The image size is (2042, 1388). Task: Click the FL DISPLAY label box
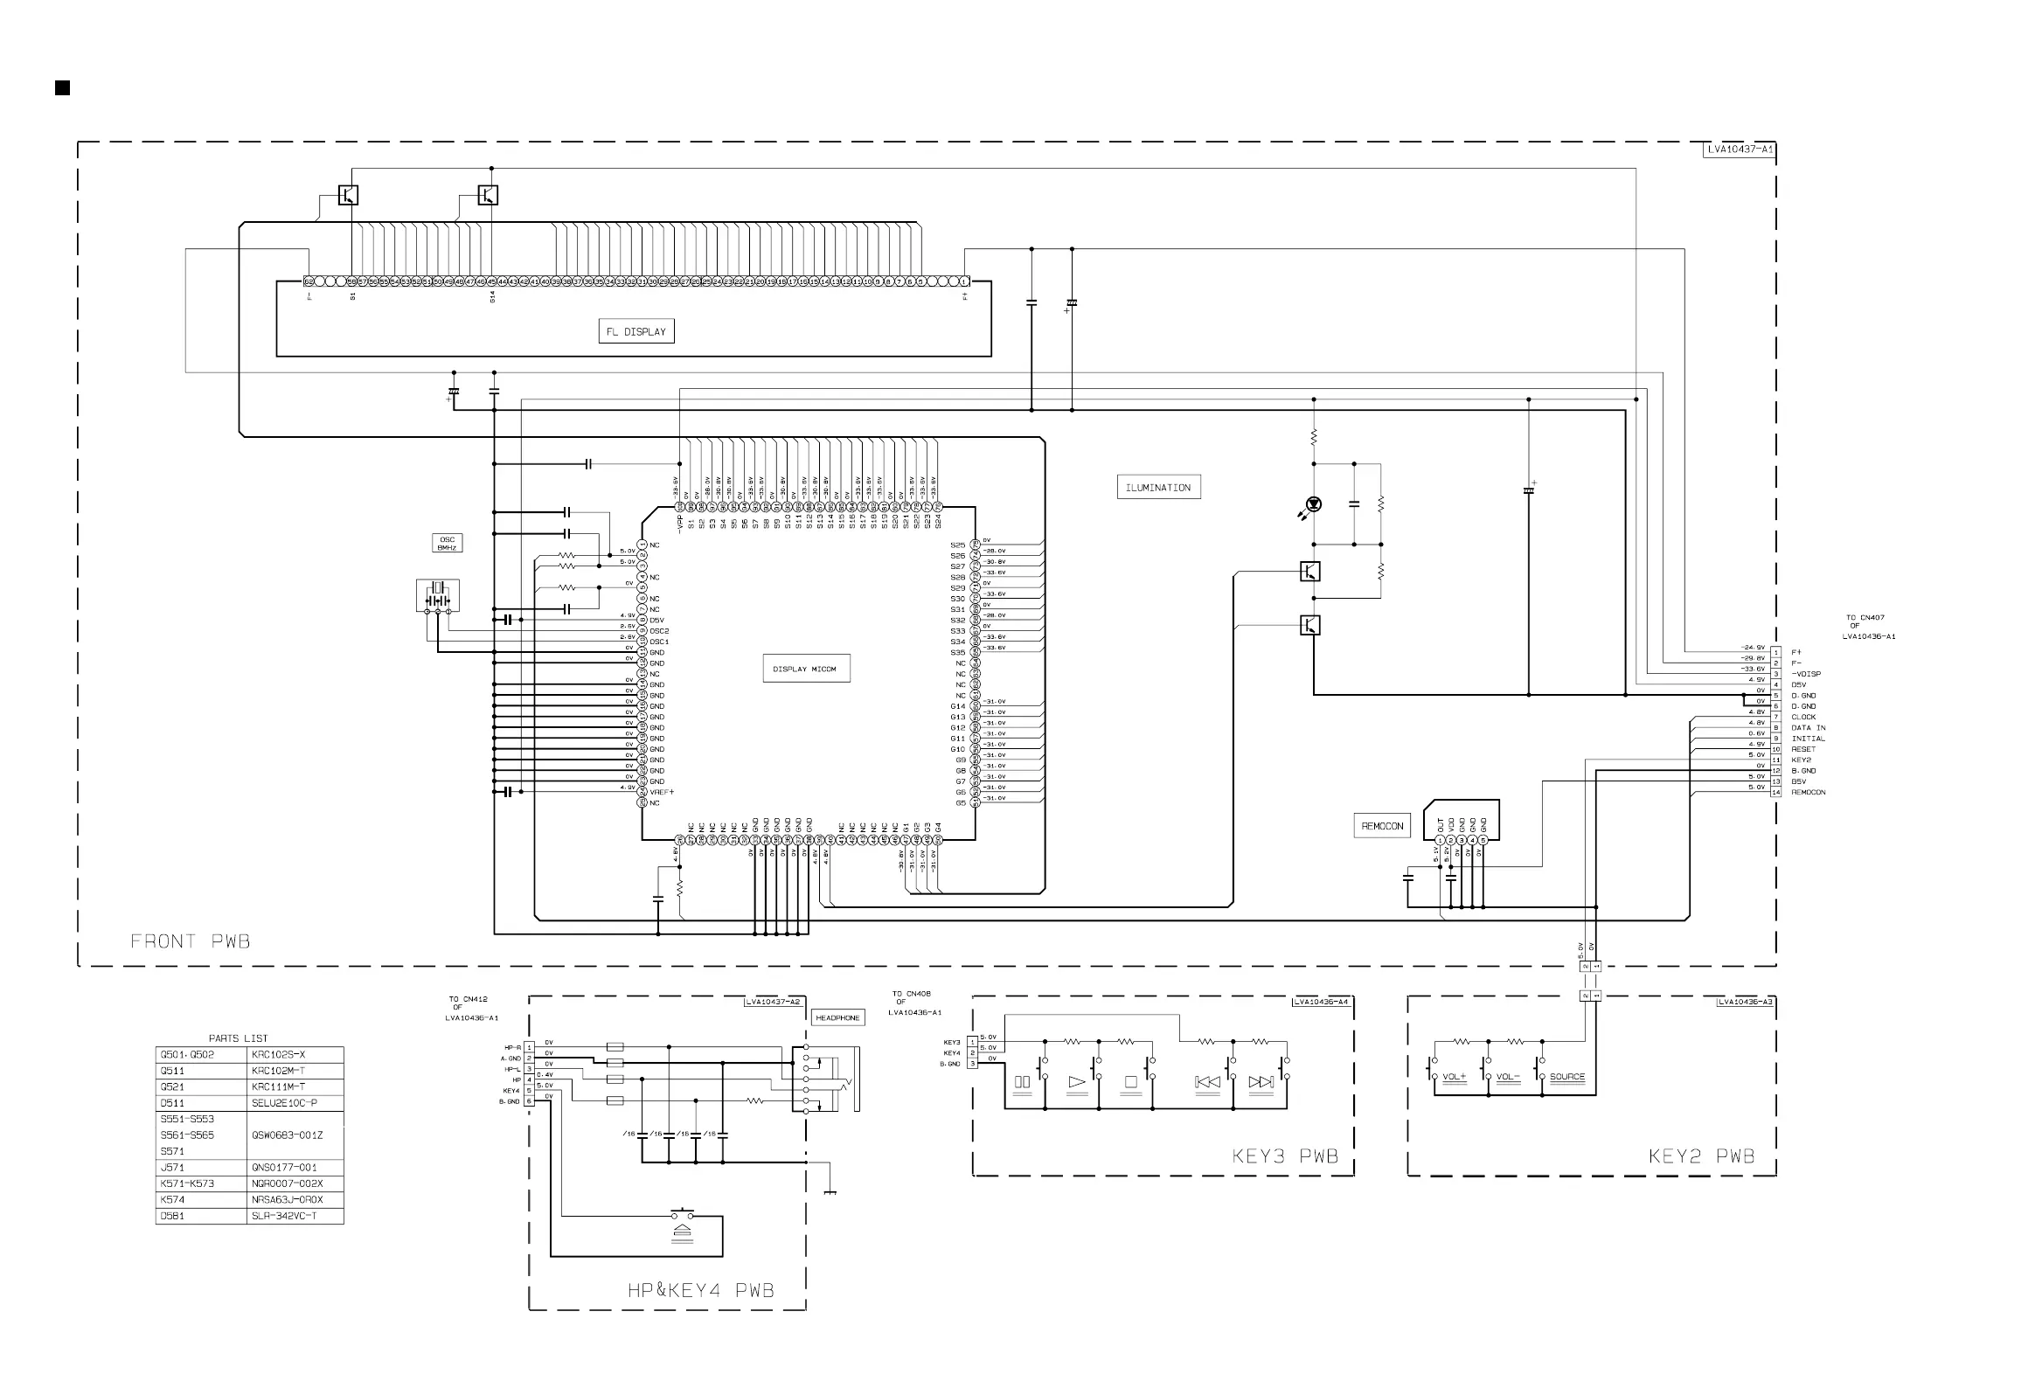click(636, 331)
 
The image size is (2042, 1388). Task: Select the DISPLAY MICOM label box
click(804, 669)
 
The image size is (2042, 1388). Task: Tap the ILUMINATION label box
click(1158, 488)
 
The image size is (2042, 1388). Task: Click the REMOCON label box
click(1382, 826)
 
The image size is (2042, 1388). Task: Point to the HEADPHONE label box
click(837, 1017)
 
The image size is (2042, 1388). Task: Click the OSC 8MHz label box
click(448, 543)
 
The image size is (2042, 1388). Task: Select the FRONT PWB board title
click(190, 941)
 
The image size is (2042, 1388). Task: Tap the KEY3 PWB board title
click(1285, 1156)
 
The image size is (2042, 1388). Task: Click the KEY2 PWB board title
click(1701, 1156)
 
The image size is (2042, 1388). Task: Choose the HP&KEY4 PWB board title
click(700, 1290)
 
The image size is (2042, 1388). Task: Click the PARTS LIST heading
click(238, 1038)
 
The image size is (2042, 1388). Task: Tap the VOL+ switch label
click(1455, 1077)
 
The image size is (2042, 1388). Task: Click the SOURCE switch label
click(1567, 1077)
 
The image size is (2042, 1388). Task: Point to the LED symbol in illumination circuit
click(1314, 504)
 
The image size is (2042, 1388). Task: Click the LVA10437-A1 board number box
click(1740, 149)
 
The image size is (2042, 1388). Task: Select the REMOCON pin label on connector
click(1809, 793)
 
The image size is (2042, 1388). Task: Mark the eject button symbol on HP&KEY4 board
click(683, 1233)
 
